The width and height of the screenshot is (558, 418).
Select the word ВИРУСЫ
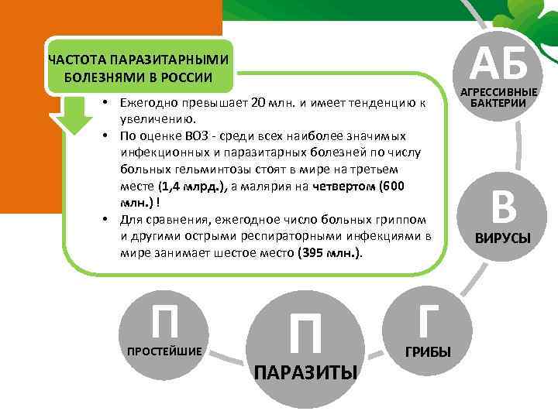(x=503, y=238)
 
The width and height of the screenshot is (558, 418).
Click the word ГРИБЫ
(x=428, y=352)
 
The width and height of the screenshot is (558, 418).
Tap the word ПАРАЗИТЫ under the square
(x=306, y=373)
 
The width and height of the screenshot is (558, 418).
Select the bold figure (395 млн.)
(x=329, y=253)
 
